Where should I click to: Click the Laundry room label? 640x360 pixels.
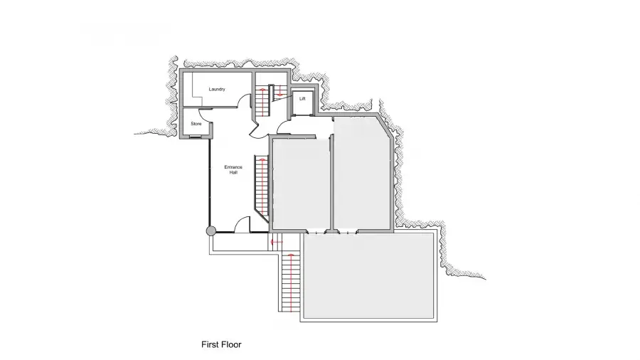(x=217, y=89)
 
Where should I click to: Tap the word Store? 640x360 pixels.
(x=196, y=124)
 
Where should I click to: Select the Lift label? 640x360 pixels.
(x=302, y=99)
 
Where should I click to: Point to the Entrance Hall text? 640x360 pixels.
(x=233, y=170)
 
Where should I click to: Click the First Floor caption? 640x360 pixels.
(x=221, y=344)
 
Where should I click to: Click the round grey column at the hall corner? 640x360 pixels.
(x=210, y=231)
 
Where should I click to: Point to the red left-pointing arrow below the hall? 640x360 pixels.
(x=277, y=242)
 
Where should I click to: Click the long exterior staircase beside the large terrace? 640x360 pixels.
(x=291, y=281)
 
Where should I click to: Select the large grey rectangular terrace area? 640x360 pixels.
(x=368, y=276)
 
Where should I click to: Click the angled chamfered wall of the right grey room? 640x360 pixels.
(x=385, y=126)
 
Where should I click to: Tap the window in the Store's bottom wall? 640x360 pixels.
(x=196, y=137)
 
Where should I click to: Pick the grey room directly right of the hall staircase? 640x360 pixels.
(x=300, y=184)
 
